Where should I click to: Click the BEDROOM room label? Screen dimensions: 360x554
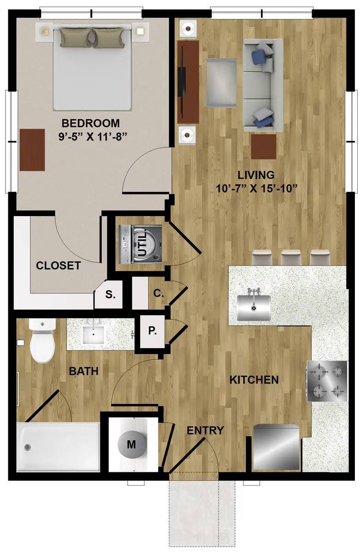tap(90, 123)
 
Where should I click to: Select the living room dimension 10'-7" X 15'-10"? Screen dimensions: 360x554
tap(257, 188)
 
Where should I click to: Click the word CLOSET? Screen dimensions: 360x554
tap(58, 265)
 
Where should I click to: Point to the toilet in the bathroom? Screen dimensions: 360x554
tap(42, 341)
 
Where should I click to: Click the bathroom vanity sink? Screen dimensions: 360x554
tap(93, 335)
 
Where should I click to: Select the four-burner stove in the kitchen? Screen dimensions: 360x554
tap(327, 381)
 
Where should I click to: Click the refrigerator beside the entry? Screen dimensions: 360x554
tap(276, 447)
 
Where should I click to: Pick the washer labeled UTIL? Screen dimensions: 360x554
tap(140, 244)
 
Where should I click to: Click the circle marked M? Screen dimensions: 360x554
tap(131, 445)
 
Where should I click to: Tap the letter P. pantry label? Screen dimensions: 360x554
tap(152, 331)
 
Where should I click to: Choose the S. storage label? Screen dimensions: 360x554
tap(110, 295)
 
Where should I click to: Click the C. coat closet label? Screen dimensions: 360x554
tap(158, 293)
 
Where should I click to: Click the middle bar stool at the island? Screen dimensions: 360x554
tap(292, 258)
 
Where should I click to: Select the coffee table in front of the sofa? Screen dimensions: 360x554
tap(221, 83)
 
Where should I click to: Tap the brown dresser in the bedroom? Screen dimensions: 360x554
tap(32, 150)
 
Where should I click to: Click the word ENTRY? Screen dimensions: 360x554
tap(205, 431)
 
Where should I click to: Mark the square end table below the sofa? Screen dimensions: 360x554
tap(264, 146)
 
